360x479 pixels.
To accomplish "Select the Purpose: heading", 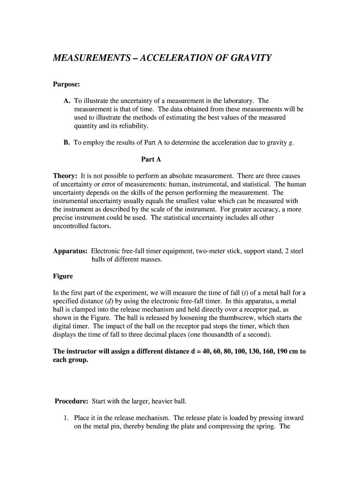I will click(x=66, y=84).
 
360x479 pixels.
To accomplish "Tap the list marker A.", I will click(x=67, y=101).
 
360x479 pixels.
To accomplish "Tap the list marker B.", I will click(x=67, y=143).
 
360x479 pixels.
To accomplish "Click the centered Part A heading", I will click(x=151, y=160).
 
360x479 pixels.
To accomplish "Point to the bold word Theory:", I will click(x=65, y=176).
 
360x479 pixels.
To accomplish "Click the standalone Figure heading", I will click(x=63, y=276).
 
